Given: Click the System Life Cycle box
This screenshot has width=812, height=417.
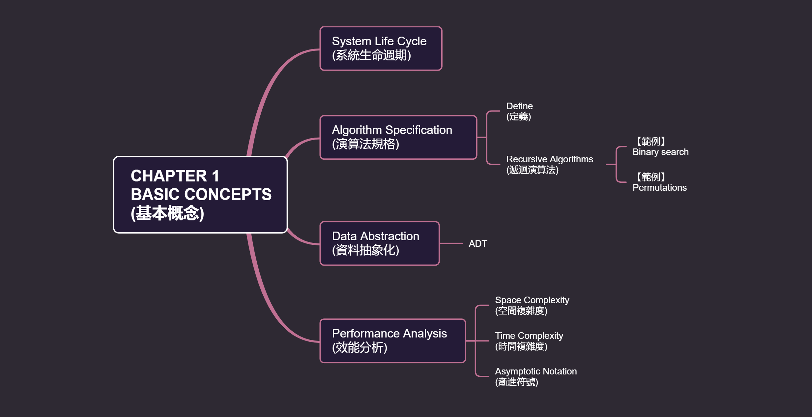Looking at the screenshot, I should click(x=381, y=48).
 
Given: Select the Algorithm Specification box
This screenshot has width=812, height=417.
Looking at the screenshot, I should click(x=398, y=137).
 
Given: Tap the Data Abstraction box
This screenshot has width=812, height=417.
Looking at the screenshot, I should click(x=379, y=243).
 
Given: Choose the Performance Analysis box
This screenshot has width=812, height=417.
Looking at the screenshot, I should click(x=392, y=341).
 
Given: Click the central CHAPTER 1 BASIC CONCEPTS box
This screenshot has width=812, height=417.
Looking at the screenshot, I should click(x=200, y=195).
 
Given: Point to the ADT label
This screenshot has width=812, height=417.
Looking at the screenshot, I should click(x=478, y=244).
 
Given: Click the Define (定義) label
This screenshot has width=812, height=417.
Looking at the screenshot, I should click(x=519, y=111).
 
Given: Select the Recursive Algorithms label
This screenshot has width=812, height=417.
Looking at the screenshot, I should click(x=549, y=164).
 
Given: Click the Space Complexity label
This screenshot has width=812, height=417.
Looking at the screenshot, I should click(x=532, y=305).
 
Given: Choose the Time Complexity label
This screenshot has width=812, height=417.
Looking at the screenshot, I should click(x=529, y=341).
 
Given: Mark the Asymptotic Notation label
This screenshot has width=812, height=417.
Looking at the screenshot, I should click(x=536, y=377).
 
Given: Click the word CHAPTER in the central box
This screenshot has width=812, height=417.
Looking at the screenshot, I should click(x=169, y=176).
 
